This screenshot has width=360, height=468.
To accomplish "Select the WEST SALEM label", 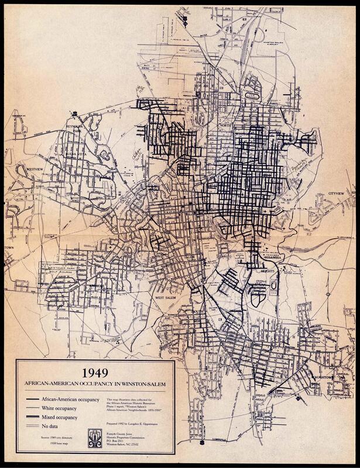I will pyautogui.click(x=166, y=298).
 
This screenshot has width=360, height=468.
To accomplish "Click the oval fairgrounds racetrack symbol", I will pyautogui.click(x=252, y=95).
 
